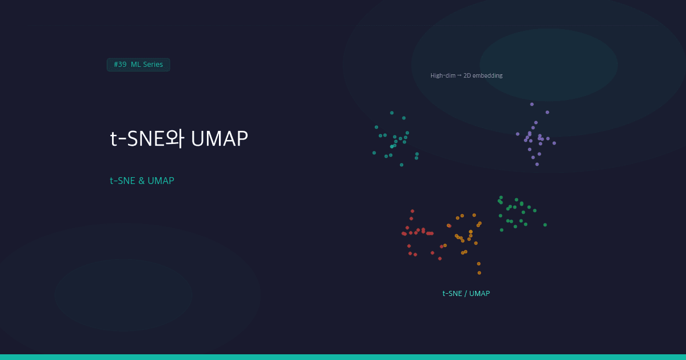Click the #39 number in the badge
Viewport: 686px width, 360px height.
tap(120, 65)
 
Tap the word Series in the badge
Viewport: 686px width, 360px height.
tap(153, 65)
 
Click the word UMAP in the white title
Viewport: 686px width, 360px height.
tap(220, 139)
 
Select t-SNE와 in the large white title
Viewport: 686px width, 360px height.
tap(146, 139)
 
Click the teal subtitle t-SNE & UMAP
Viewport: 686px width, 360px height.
tap(142, 181)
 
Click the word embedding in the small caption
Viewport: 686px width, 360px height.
tap(487, 75)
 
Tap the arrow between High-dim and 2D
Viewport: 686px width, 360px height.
tap(459, 75)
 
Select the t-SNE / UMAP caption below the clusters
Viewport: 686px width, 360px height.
tap(466, 293)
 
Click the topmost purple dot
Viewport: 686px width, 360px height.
tap(532, 104)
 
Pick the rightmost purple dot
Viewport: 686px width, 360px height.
tap(554, 143)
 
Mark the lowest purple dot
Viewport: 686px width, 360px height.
tap(537, 164)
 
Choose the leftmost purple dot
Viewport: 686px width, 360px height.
tap(517, 134)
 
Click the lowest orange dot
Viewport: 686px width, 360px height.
tap(479, 273)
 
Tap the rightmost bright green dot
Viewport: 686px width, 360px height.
tap(545, 225)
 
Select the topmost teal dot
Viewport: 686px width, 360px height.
tap(392, 113)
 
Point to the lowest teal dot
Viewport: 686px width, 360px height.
tap(401, 165)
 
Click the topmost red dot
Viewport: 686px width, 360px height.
tap(412, 211)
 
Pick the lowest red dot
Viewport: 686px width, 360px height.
tap(440, 258)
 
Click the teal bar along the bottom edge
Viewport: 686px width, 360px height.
tap(343, 357)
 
